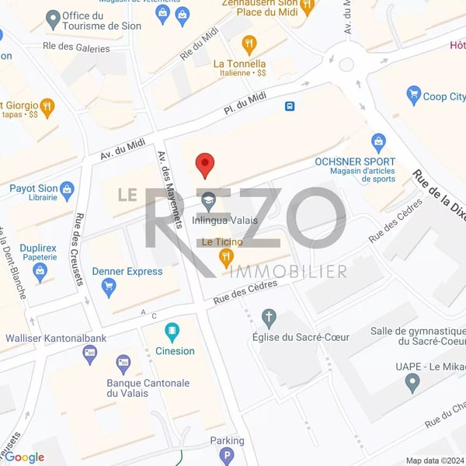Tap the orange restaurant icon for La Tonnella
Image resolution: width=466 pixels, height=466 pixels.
pyautogui.click(x=249, y=43)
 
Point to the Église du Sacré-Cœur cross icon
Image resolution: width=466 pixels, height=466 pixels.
pyautogui.click(x=269, y=317)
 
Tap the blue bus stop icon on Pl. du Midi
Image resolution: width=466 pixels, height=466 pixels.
pyautogui.click(x=290, y=106)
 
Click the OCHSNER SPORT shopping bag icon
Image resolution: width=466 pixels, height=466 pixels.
pyautogui.click(x=378, y=142)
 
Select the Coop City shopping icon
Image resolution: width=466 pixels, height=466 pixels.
pyautogui.click(x=413, y=96)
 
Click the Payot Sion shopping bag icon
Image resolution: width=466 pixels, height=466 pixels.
pyautogui.click(x=67, y=189)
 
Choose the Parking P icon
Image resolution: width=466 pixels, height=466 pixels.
pyautogui.click(x=227, y=456)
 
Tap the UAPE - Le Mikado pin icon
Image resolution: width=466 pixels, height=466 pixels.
pyautogui.click(x=412, y=382)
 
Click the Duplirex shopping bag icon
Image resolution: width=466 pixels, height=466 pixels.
pyautogui.click(x=40, y=271)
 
